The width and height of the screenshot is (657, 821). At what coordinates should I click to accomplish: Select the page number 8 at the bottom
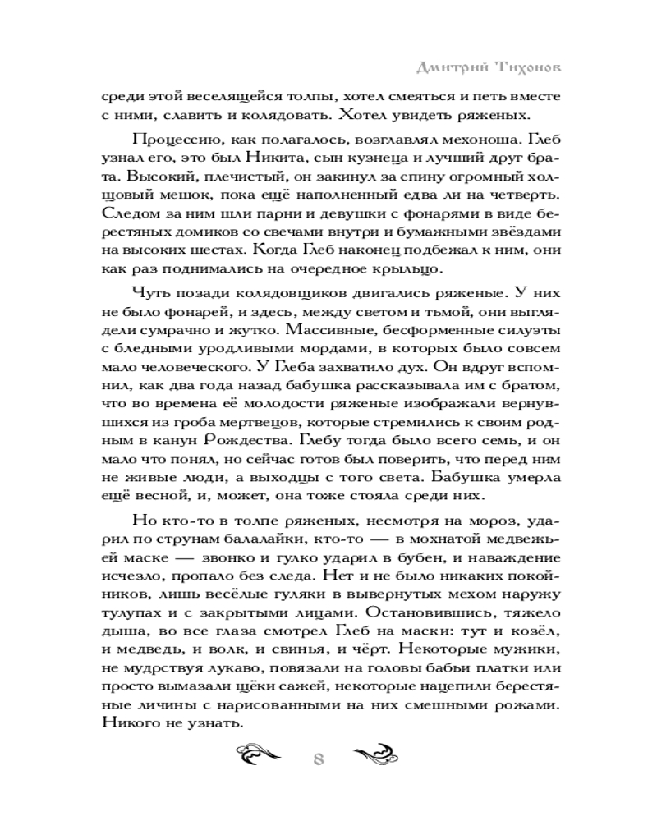(x=319, y=759)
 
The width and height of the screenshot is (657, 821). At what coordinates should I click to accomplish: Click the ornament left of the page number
(x=261, y=757)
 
